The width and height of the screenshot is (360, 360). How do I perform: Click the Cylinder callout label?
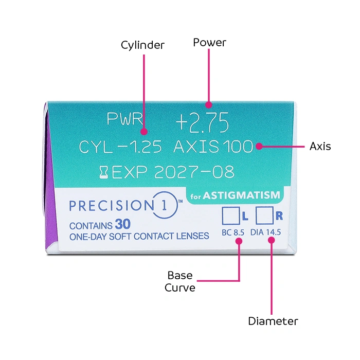[142, 45]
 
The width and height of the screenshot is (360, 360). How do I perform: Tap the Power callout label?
[209, 42]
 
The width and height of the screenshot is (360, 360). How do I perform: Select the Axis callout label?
[320, 146]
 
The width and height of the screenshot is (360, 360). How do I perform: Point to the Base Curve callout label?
[180, 281]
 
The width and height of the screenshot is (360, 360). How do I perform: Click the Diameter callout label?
[273, 321]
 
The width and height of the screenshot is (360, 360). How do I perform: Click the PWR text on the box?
[124, 119]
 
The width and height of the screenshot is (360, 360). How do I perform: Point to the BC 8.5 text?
[232, 232]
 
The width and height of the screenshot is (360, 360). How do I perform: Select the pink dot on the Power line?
[208, 102]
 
